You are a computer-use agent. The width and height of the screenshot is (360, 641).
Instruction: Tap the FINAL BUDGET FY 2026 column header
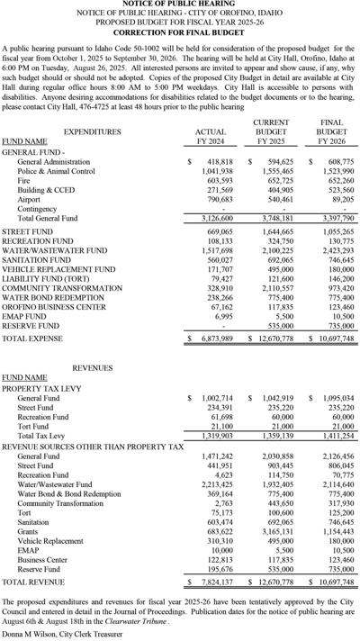pyautogui.click(x=331, y=131)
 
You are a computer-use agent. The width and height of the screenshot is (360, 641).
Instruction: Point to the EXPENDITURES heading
pyautogui.click(x=75, y=131)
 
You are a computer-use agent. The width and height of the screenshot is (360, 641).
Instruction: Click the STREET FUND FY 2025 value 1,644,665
pyautogui.click(x=276, y=231)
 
